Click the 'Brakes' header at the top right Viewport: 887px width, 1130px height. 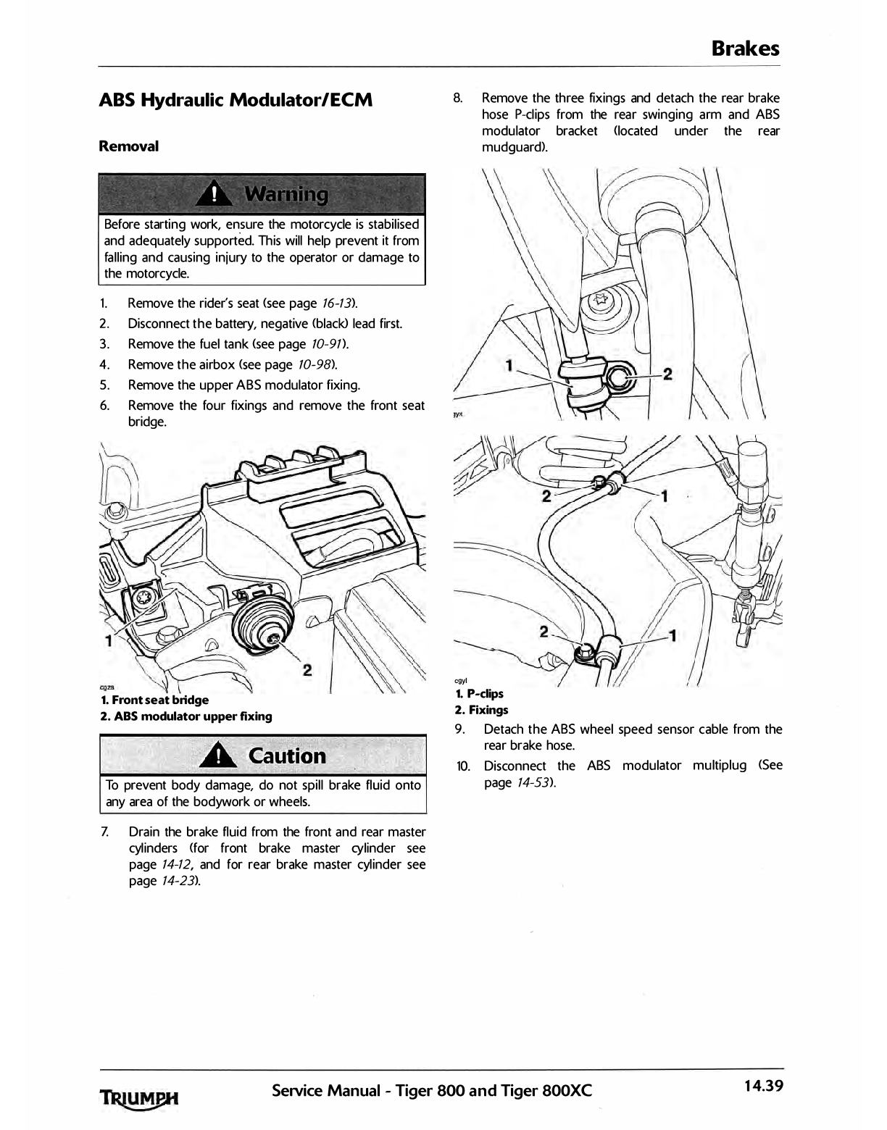coord(745,49)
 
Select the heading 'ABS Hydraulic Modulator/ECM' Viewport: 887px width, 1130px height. coord(236,100)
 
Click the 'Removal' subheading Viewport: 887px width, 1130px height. coord(128,146)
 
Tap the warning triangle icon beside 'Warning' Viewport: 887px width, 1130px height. coord(216,194)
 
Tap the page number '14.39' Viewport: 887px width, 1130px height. coord(762,1087)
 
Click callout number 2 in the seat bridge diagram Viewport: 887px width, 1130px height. coord(307,670)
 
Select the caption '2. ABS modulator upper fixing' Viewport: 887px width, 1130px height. coord(186,716)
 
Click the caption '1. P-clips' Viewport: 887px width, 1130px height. coord(479,694)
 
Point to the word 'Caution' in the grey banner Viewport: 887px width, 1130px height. coord(287,756)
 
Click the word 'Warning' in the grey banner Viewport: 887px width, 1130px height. coord(286,194)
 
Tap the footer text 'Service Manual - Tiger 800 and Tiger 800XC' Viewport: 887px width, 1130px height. coord(432,1089)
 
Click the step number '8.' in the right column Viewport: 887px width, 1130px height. coord(458,98)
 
